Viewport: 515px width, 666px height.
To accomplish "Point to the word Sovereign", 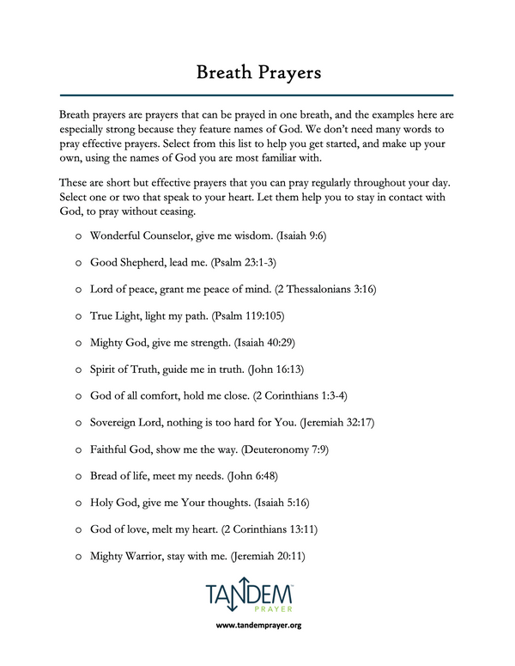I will [116, 423].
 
